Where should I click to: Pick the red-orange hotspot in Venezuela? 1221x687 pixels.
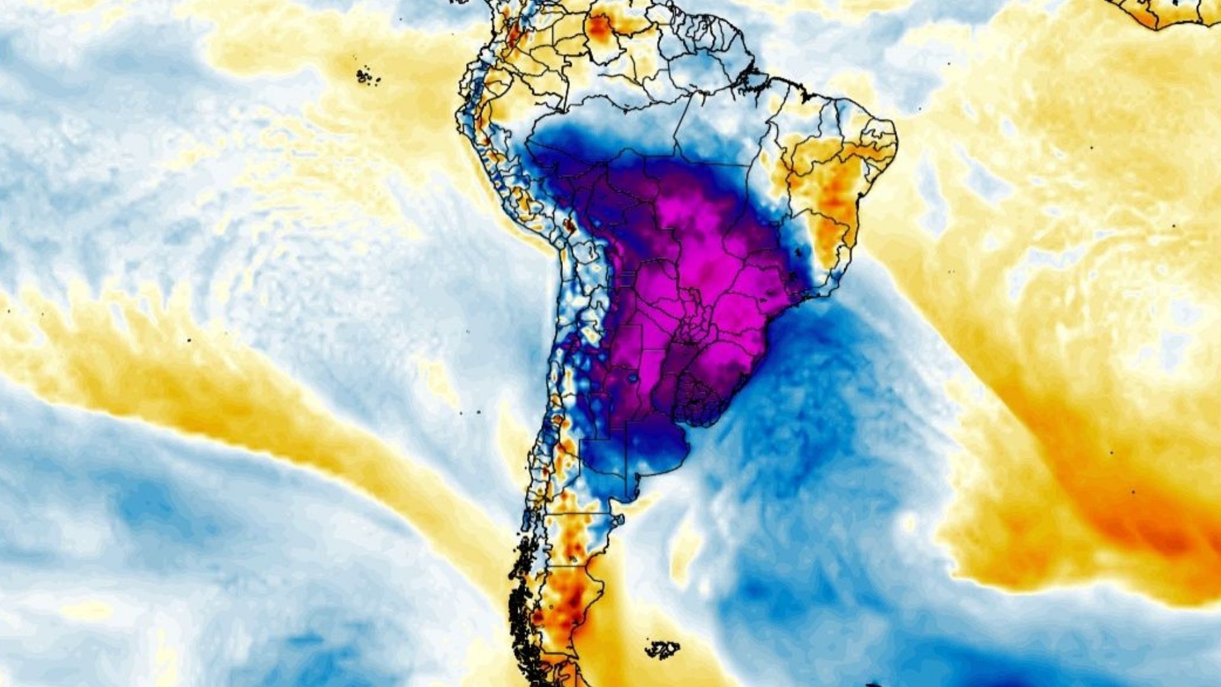598,26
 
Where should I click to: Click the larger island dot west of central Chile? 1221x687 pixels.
478,413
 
